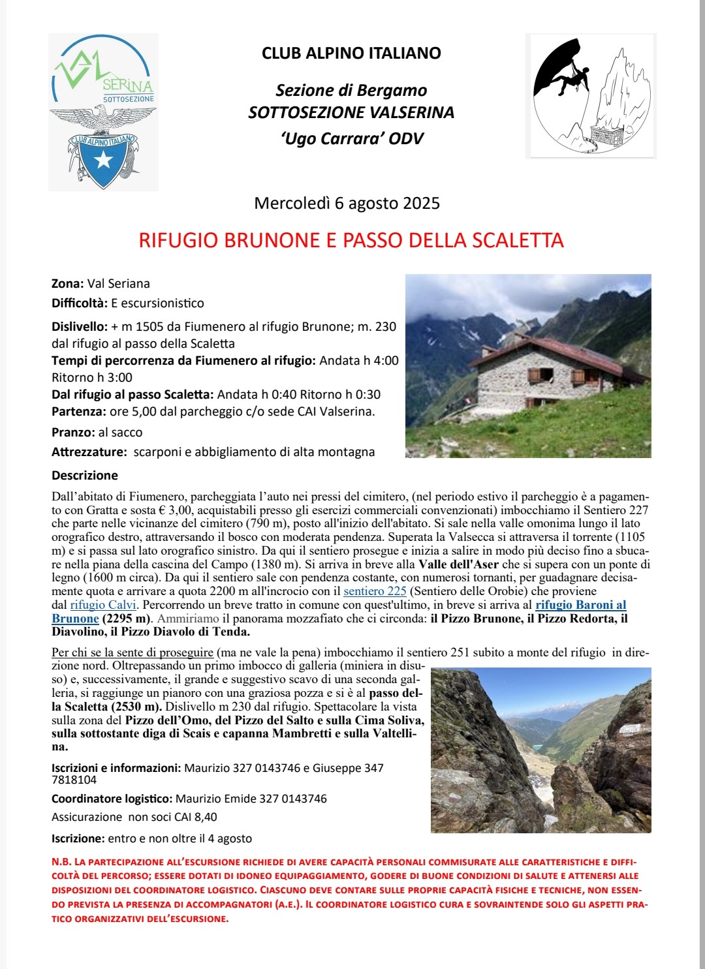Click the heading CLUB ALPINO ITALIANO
pos(351,54)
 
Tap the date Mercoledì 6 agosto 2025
pos(347,204)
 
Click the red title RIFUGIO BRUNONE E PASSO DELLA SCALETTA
pos(351,240)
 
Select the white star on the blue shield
pos(103,160)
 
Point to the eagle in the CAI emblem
pos(102,119)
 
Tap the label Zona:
pos(67,284)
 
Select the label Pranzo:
pos(73,433)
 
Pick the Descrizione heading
pos(85,476)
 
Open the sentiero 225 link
pos(375,591)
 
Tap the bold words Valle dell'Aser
pos(458,564)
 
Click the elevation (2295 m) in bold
pos(127,619)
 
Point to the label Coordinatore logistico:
pos(112,799)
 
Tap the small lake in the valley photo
pos(537,746)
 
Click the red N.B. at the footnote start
pos(61,862)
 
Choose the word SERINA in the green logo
pos(128,85)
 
